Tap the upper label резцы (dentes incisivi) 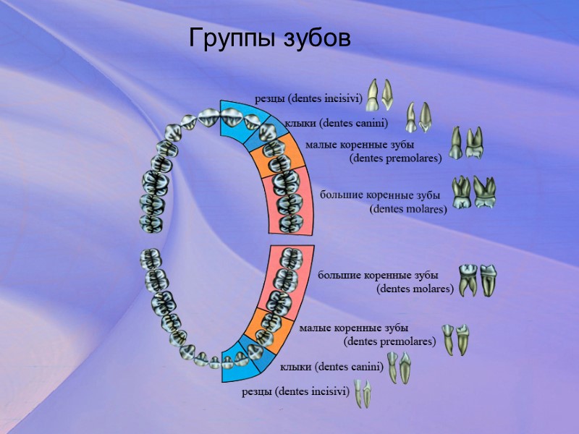pos(308,98)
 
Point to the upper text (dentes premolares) pos(395,158)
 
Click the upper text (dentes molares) pos(408,209)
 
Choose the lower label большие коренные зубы pos(378,276)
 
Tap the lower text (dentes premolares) pos(389,341)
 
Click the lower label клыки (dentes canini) pos(331,367)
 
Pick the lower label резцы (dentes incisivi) pos(295,392)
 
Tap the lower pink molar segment pos(287,278)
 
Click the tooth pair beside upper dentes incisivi pos(380,94)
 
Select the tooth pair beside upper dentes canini pos(418,117)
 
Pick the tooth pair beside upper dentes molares pos(473,192)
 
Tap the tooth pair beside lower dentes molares pos(478,280)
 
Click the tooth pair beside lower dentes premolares pos(457,339)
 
